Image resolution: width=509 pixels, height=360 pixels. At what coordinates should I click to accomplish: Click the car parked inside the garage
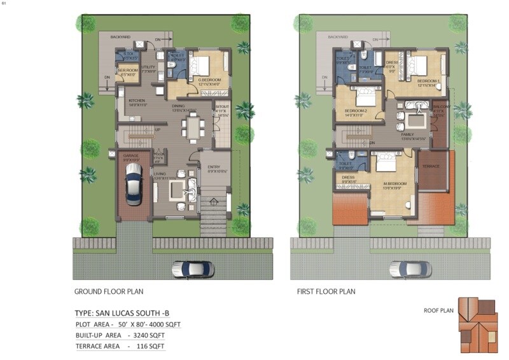[x=133, y=183]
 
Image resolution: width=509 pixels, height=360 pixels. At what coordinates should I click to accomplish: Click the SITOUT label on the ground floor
[x=222, y=107]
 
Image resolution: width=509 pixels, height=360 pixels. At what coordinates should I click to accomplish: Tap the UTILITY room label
[x=148, y=67]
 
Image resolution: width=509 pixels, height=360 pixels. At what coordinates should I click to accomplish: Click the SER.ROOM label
[x=130, y=71]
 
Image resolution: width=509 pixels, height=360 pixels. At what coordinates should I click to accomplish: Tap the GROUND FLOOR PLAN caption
[x=109, y=292]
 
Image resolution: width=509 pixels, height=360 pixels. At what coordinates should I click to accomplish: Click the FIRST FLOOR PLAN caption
[x=326, y=292]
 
